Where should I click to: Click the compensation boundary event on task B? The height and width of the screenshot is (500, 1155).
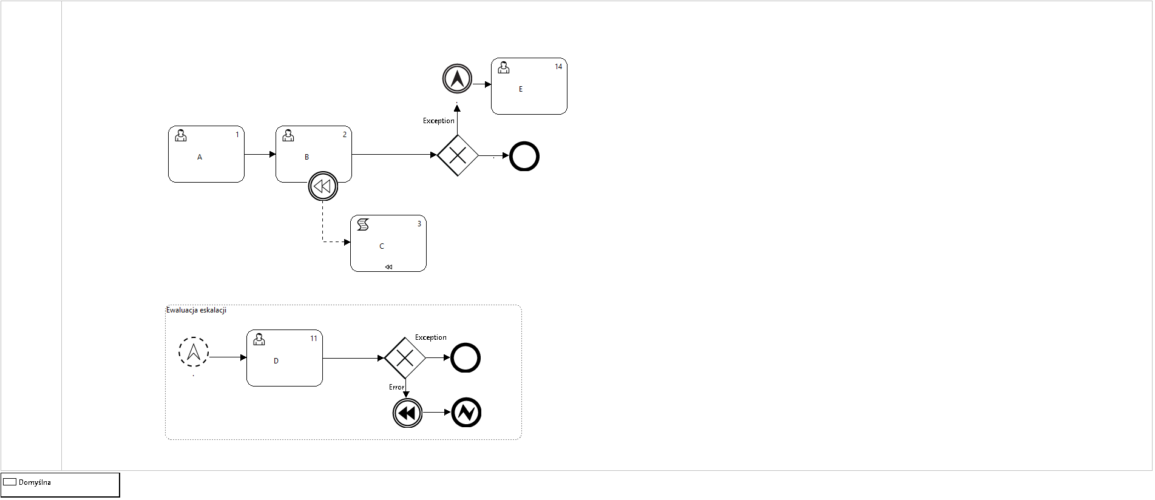tap(323, 186)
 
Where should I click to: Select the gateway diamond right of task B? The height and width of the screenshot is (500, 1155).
tap(458, 155)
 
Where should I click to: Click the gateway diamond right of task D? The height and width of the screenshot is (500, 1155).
tap(405, 358)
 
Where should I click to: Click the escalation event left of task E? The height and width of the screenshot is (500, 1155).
tap(457, 79)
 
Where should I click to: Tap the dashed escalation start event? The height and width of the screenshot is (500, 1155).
tap(194, 352)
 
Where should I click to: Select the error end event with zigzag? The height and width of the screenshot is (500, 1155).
tap(466, 413)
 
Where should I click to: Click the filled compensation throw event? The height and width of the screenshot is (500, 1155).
tap(407, 413)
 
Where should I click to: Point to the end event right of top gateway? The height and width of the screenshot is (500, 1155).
tap(524, 156)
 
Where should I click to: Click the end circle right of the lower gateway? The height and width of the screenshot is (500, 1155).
tap(466, 357)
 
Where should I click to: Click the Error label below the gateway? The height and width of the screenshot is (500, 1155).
tap(396, 387)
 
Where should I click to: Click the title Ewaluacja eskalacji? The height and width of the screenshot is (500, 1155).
tap(196, 310)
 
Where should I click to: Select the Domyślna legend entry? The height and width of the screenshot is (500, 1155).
tap(35, 482)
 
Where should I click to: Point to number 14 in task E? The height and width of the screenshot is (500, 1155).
tap(558, 67)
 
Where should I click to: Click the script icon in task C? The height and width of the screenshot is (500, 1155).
tap(363, 225)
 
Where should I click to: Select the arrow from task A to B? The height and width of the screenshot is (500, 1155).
tap(260, 154)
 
